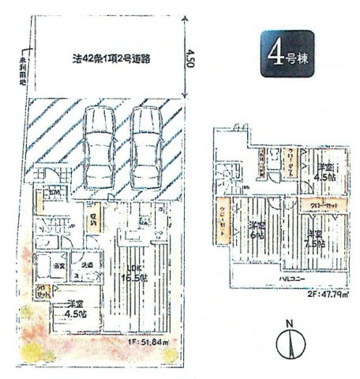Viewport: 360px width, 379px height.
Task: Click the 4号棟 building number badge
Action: point(287,52)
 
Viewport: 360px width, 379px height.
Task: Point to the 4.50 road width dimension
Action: point(189,59)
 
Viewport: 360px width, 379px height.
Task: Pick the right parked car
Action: point(144,143)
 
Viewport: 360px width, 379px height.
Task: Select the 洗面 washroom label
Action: point(88,265)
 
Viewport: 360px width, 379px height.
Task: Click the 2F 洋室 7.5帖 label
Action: point(314,238)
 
